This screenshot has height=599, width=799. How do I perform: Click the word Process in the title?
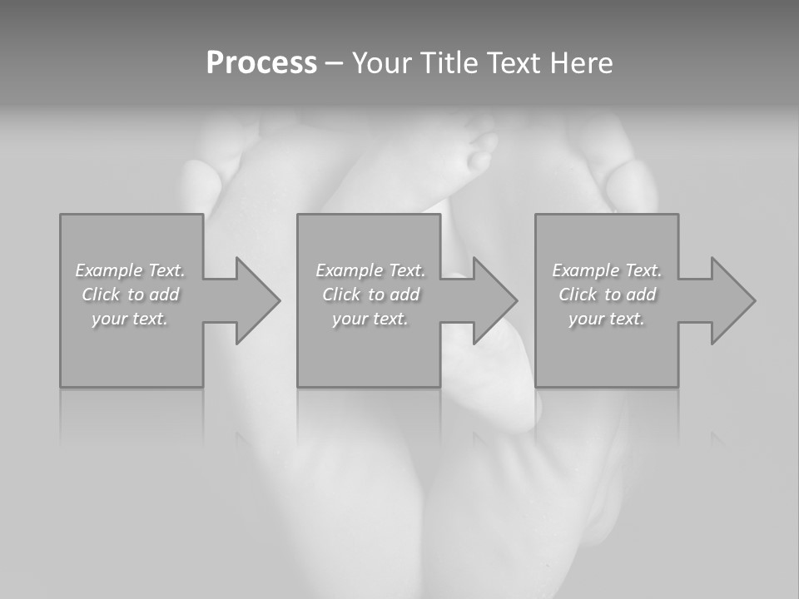pyautogui.click(x=261, y=63)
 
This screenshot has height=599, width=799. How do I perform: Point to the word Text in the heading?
pyautogui.click(x=516, y=63)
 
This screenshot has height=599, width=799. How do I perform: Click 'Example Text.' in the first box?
pyautogui.click(x=131, y=270)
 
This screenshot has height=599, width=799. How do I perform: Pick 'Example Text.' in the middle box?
pyautogui.click(x=370, y=270)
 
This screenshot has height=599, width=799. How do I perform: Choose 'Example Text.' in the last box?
pyautogui.click(x=607, y=270)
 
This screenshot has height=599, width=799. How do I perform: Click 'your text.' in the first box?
pyautogui.click(x=130, y=319)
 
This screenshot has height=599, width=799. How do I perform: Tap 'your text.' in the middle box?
pyautogui.click(x=370, y=319)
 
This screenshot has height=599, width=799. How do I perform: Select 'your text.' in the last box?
pyautogui.click(x=606, y=319)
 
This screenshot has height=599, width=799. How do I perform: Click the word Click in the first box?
pyautogui.click(x=101, y=295)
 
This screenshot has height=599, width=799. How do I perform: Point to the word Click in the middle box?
pyautogui.click(x=341, y=295)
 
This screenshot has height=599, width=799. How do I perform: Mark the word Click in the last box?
pyautogui.click(x=578, y=295)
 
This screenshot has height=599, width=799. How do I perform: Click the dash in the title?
pyautogui.click(x=334, y=63)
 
